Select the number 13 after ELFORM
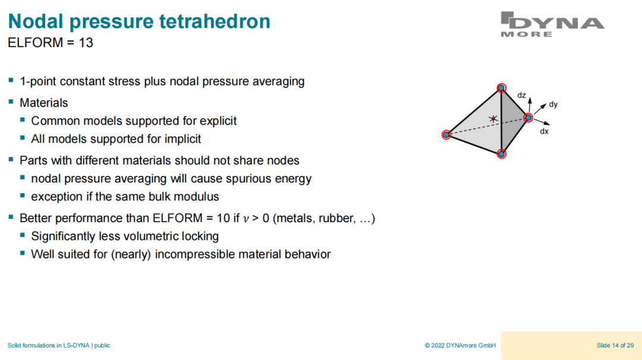pyautogui.click(x=86, y=43)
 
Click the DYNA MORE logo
pyautogui.click(x=552, y=24)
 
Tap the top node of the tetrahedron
pyautogui.click(x=501, y=88)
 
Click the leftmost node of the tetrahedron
pyautogui.click(x=446, y=135)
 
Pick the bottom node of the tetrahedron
pyautogui.click(x=502, y=154)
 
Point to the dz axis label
pyautogui.click(x=521, y=95)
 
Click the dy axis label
pyautogui.click(x=553, y=105)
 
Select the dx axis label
pyautogui.click(x=544, y=131)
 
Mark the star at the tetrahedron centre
pyautogui.click(x=493, y=119)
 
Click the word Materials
pyautogui.click(x=44, y=103)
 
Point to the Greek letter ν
pyautogui.click(x=246, y=219)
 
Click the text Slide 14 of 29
pyautogui.click(x=615, y=346)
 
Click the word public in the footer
pyautogui.click(x=102, y=346)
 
